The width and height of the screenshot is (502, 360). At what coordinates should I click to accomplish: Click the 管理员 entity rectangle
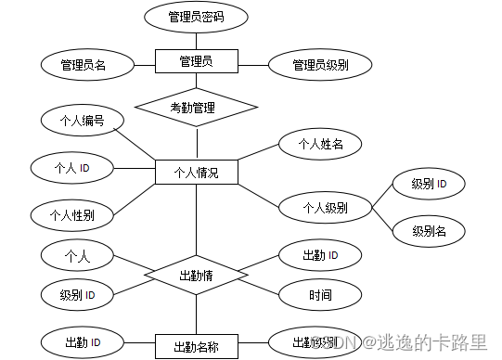(x=196, y=62)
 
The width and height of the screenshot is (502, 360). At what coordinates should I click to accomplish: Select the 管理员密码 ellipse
(x=196, y=17)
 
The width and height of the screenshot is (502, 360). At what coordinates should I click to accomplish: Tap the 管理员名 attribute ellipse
(x=84, y=65)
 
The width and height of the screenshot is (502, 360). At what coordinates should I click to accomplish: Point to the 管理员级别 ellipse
(x=319, y=65)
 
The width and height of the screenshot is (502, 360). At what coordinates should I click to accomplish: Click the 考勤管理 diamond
(x=195, y=108)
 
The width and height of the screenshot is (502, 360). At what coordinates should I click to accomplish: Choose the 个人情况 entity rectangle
(x=196, y=173)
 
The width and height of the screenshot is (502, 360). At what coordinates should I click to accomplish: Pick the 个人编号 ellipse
(x=81, y=121)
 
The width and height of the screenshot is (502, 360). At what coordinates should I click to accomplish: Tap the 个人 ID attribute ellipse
(x=72, y=168)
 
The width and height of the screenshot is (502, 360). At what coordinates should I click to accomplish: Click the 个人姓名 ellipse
(x=319, y=144)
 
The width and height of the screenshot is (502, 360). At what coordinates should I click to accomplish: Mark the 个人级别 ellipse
(x=324, y=207)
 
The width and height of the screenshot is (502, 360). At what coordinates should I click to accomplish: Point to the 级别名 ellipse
(x=429, y=230)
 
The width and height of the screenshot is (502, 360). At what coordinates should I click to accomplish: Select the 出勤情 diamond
(x=196, y=276)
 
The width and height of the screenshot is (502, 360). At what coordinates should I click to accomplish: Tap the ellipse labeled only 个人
(x=77, y=254)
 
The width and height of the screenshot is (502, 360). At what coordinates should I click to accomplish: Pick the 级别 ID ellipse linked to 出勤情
(x=80, y=295)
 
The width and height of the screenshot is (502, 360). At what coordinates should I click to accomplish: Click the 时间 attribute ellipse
(x=320, y=295)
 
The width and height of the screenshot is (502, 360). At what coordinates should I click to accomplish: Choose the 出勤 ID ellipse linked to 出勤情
(x=319, y=254)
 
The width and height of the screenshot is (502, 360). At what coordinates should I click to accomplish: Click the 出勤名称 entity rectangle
(x=196, y=347)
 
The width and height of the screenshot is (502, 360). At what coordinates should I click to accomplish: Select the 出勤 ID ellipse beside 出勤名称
(x=80, y=343)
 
